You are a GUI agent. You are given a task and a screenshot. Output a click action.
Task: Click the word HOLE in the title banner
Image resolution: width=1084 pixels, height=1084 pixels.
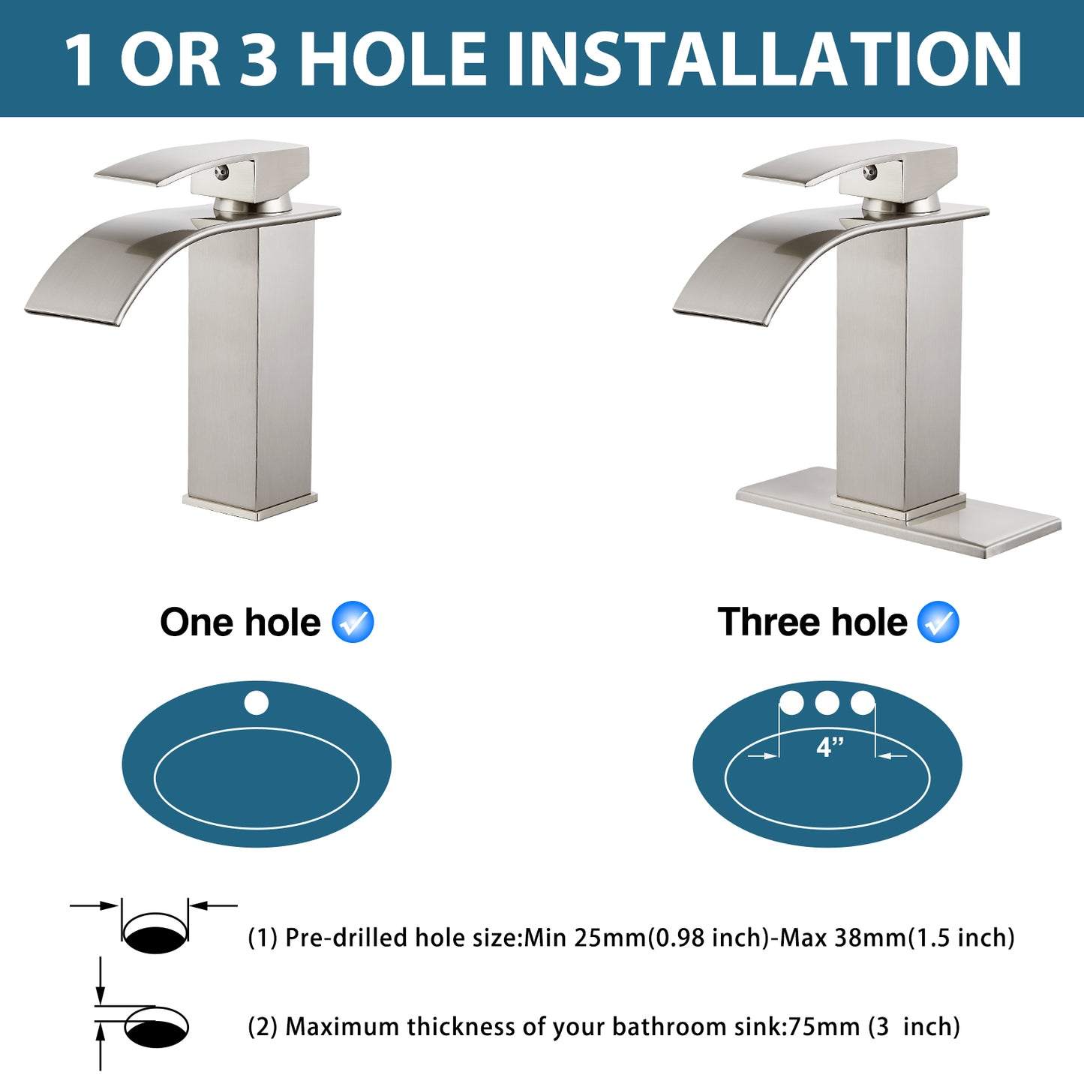click(394, 59)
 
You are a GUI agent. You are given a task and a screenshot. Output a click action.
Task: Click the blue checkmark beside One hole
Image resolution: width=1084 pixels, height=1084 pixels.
click(353, 622)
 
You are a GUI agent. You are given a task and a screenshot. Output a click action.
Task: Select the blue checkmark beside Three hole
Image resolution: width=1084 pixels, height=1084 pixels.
click(938, 622)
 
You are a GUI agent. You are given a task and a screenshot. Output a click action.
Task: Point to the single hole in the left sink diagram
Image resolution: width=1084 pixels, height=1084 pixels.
click(256, 703)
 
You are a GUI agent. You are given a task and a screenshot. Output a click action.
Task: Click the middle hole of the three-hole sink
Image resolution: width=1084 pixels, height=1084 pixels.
click(827, 703)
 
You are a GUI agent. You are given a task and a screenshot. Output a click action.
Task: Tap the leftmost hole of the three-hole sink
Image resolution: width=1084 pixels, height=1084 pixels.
click(791, 703)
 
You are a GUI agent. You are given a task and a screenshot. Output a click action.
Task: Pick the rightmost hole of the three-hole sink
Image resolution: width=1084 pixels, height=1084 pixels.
click(863, 703)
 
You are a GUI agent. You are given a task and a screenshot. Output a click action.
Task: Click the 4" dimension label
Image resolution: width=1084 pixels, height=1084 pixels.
click(830, 747)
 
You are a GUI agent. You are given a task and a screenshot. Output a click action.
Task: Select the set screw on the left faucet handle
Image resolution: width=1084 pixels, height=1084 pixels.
click(221, 173)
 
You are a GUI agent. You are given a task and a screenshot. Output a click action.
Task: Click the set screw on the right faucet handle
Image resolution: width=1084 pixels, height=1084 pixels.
click(869, 173)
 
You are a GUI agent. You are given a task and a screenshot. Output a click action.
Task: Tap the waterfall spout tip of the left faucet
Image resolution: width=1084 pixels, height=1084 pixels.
click(71, 312)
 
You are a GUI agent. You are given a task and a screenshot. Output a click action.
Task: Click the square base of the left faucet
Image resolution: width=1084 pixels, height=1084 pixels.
click(251, 505)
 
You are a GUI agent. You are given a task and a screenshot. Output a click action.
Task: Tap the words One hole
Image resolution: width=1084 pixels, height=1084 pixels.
click(240, 623)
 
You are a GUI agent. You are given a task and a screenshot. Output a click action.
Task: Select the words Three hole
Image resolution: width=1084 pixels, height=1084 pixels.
click(812, 623)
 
